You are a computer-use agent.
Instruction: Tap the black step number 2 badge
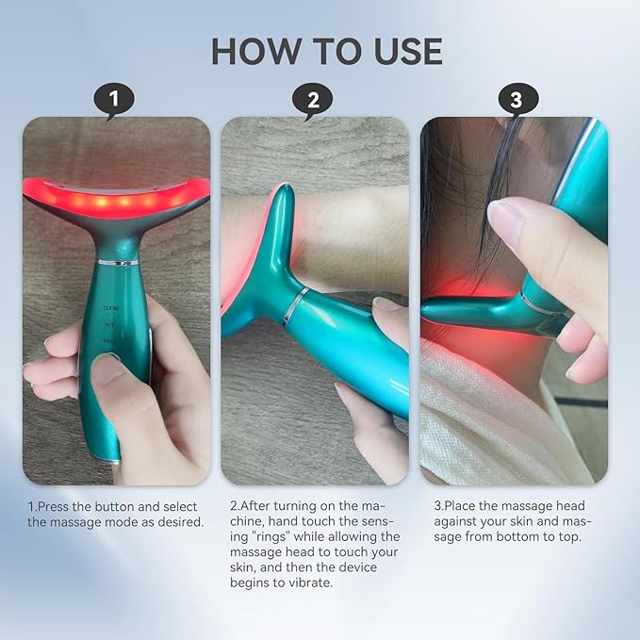pos(314,99)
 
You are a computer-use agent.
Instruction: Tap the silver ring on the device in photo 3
pos(538,303)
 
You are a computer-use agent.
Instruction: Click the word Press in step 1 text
pos(56,506)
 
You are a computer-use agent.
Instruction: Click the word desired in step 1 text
pos(177,521)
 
